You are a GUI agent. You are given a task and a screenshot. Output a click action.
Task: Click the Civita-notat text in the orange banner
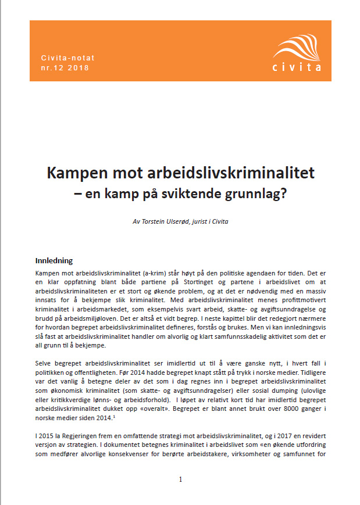[68, 58]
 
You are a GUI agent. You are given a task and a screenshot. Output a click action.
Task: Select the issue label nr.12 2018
[66, 68]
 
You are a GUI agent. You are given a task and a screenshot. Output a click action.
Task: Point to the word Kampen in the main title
[74, 173]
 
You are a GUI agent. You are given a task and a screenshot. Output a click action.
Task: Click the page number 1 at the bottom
[180, 479]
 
